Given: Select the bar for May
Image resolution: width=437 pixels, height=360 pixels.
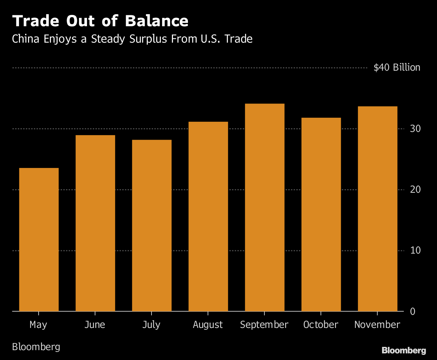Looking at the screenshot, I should click(39, 239).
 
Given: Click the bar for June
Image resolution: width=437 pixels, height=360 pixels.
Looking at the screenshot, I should click(95, 223).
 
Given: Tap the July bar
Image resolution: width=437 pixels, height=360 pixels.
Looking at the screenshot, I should click(151, 225).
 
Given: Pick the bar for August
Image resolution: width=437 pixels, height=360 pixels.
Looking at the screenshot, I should click(208, 216).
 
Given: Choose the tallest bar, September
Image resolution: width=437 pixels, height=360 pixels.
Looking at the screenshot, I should click(264, 207).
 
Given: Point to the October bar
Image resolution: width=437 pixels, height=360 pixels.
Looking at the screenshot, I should click(321, 214).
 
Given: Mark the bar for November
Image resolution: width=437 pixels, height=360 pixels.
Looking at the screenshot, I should click(377, 209).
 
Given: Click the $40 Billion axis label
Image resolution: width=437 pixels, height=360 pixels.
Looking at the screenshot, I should click(397, 68).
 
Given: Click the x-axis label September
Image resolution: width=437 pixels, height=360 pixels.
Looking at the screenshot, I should click(264, 325).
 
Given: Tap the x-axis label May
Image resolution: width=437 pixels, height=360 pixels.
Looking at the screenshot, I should click(38, 325).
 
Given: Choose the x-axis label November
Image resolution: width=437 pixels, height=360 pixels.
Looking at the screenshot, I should click(377, 325).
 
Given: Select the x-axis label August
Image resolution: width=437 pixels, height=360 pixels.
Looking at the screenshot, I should click(208, 325).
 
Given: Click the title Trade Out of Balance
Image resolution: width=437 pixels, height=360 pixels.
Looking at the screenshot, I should click(100, 21).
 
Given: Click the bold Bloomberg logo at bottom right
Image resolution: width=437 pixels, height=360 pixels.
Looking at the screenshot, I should click(403, 351).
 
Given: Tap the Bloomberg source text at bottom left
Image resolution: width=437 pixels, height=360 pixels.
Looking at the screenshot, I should click(36, 347).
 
